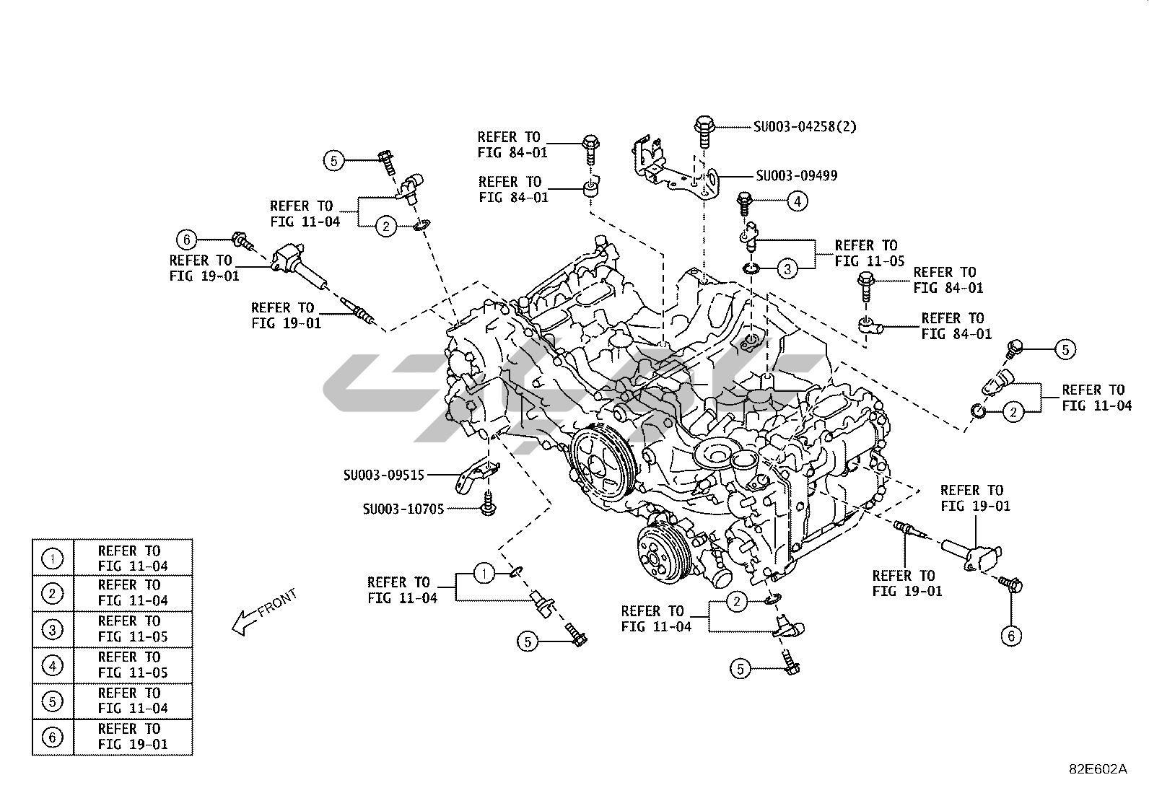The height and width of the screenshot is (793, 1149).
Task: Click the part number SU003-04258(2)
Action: click(x=805, y=127)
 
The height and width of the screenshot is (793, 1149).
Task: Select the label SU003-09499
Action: click(x=796, y=175)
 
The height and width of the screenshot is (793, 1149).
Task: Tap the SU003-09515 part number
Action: click(x=383, y=475)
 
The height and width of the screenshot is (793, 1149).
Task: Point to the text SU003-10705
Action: click(x=403, y=509)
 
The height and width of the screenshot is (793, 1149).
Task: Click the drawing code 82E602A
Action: click(x=1097, y=768)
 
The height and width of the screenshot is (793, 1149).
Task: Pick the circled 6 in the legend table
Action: click(x=53, y=737)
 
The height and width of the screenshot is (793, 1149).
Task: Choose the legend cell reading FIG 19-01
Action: click(x=133, y=737)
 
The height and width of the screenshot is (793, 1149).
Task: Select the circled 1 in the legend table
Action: click(x=53, y=558)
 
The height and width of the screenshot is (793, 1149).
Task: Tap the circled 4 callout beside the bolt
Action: click(x=797, y=201)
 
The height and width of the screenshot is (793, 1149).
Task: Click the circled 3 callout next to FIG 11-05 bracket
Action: click(x=787, y=269)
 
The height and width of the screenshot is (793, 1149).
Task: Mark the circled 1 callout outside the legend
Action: click(x=484, y=574)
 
